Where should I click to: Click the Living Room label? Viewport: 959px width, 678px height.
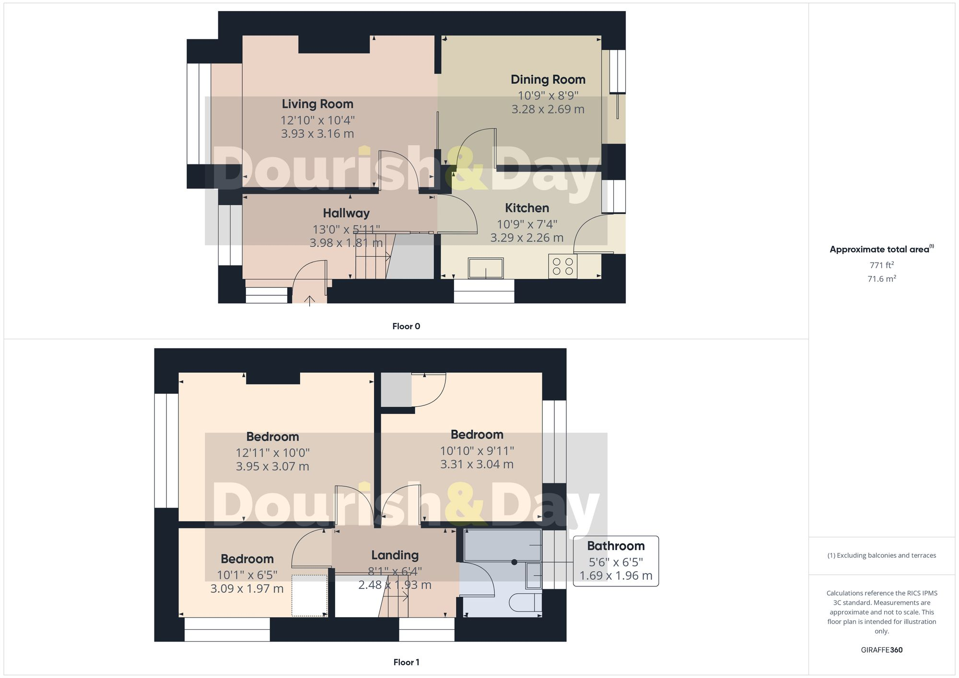point(317,104)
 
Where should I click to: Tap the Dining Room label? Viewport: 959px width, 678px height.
point(548,80)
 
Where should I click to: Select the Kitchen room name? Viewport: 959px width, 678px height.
point(526,208)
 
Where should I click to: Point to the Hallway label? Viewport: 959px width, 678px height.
point(346,213)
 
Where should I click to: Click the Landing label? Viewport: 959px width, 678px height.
point(395,555)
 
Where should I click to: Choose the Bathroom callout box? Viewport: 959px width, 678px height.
point(616,561)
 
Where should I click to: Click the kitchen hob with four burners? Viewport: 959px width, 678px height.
point(562,266)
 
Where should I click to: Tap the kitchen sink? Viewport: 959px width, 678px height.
point(486,268)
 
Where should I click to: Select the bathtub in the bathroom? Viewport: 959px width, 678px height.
point(502,545)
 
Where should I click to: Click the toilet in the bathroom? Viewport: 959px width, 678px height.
point(525,602)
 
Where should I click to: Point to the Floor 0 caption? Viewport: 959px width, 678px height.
point(406,326)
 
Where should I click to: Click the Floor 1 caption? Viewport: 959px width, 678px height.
point(406,662)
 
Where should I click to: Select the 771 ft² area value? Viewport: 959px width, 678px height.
point(881,265)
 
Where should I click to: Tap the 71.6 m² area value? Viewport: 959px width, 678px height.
point(881,278)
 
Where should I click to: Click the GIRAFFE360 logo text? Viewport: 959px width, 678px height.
point(881,650)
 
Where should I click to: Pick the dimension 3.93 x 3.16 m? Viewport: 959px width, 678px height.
point(317,134)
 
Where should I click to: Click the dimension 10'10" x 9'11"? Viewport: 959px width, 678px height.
point(477,451)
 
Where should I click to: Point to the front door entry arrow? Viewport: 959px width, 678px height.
point(310,300)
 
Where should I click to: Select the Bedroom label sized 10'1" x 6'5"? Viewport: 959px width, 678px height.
point(247,559)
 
